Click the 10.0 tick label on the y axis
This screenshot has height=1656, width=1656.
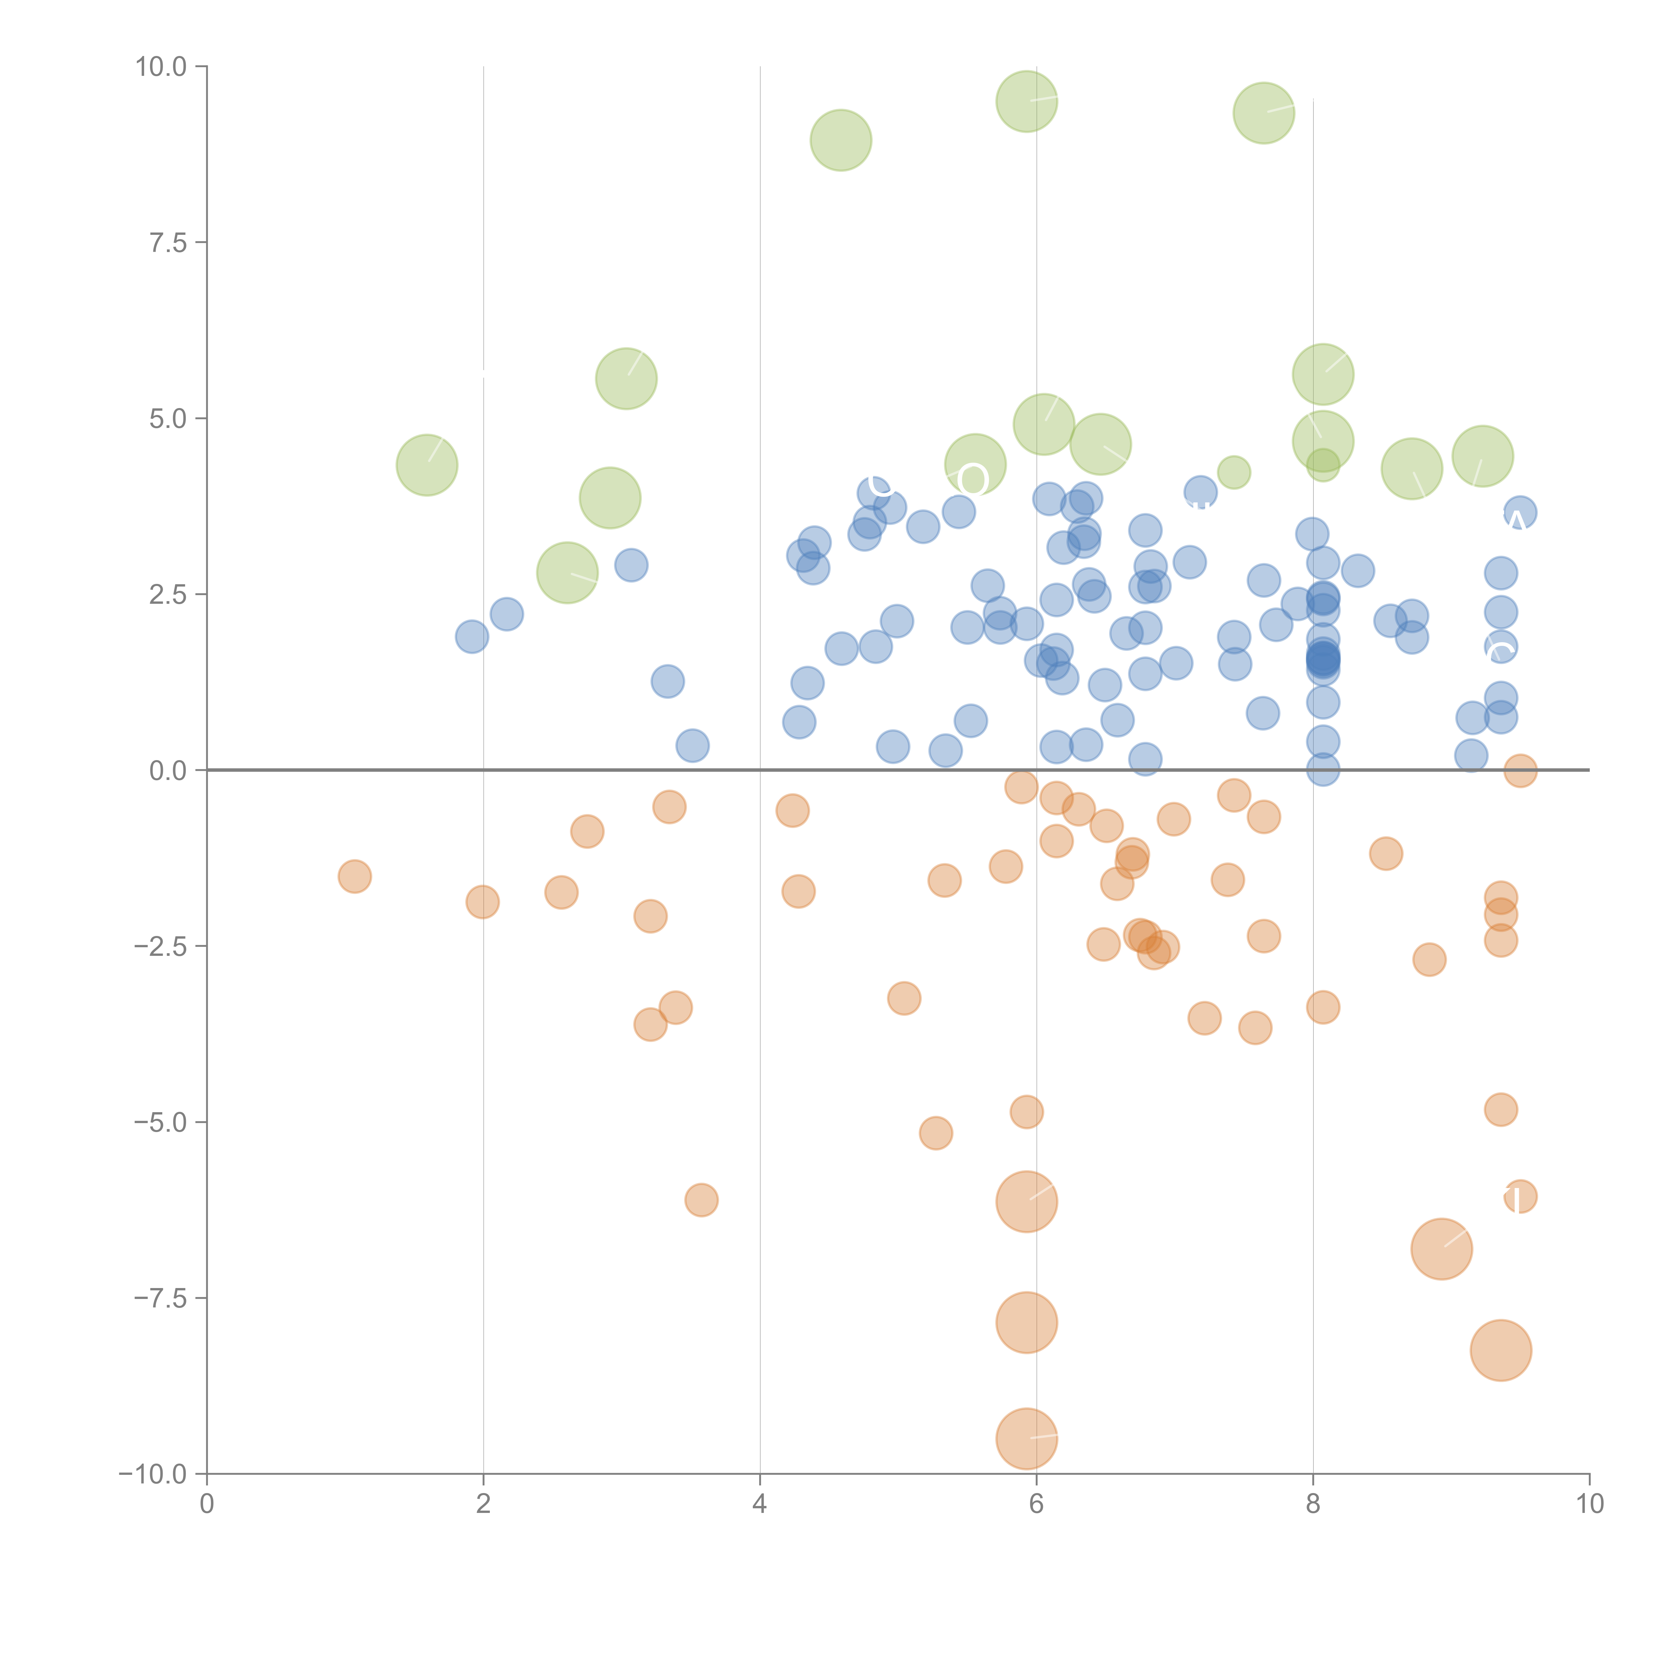click(161, 67)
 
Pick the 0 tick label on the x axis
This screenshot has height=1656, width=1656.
click(207, 1504)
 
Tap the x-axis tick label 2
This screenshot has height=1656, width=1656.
click(484, 1504)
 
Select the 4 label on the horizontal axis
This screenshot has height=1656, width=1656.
click(759, 1504)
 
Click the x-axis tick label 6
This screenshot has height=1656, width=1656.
click(1036, 1504)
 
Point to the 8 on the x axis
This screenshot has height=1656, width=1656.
click(1313, 1504)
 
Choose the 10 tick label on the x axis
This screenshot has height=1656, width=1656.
click(1589, 1504)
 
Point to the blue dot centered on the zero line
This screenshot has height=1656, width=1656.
click(1322, 770)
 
